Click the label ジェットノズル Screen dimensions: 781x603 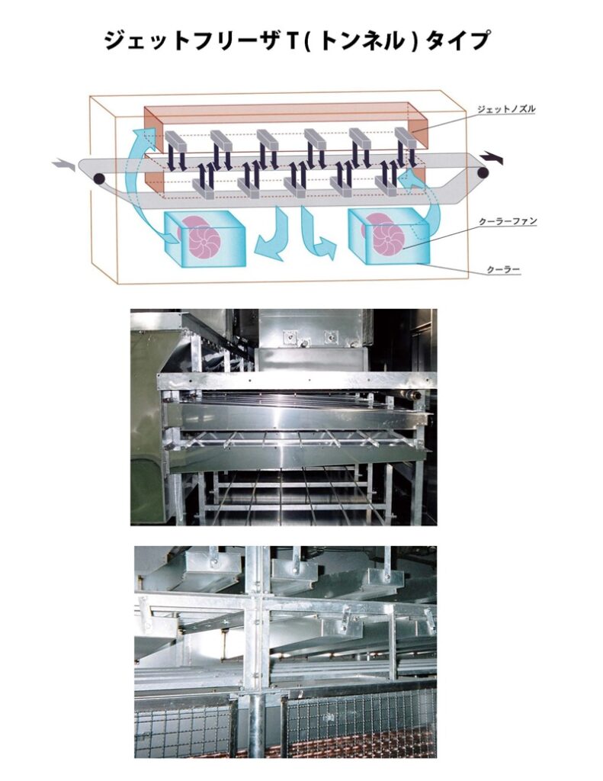[x=506, y=109]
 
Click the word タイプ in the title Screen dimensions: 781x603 [x=460, y=40]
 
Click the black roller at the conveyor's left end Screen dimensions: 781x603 [x=98, y=179]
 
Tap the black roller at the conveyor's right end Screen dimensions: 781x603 [x=483, y=173]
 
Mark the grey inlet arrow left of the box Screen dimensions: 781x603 [x=63, y=164]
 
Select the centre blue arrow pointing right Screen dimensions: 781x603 [x=316, y=236]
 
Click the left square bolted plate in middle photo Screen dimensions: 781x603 [x=289, y=334]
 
